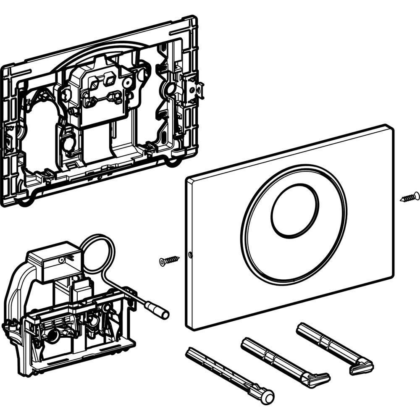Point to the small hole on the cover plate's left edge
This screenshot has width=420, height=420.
point(190,255)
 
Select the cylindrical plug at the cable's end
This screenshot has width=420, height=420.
point(160,311)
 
